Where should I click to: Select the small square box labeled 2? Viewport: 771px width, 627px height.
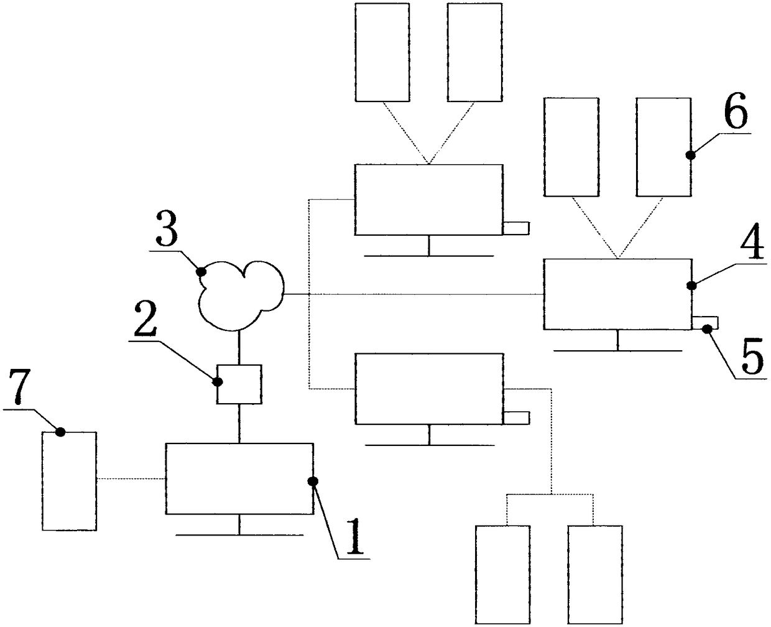(x=239, y=384)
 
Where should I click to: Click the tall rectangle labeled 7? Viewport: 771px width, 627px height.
(x=69, y=480)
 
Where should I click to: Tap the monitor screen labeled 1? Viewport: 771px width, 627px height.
(x=239, y=478)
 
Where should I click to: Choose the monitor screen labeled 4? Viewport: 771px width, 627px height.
(x=617, y=294)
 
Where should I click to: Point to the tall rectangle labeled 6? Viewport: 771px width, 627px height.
(x=663, y=147)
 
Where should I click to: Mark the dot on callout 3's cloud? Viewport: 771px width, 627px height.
(x=201, y=271)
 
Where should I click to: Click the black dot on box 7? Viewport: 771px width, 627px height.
(x=60, y=432)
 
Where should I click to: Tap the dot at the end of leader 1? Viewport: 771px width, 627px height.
(x=313, y=480)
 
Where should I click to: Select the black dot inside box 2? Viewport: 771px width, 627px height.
(x=219, y=381)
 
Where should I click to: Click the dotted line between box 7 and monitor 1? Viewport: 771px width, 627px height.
(x=131, y=479)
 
